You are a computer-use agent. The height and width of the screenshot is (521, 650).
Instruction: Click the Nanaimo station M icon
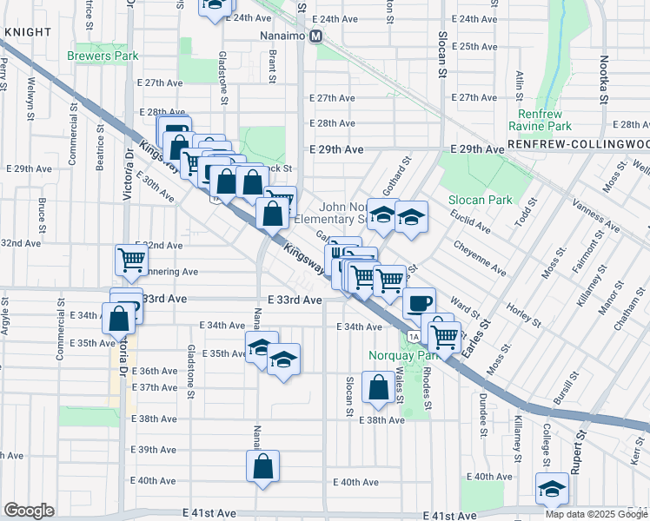coord(317,36)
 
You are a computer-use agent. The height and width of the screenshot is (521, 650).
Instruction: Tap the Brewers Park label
coord(103,56)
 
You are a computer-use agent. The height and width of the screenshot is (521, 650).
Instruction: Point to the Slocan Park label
coord(479,200)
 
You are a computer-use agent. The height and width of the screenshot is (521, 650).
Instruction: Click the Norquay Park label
coord(408,354)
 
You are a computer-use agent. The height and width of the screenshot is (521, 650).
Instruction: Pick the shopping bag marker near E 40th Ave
coord(262,467)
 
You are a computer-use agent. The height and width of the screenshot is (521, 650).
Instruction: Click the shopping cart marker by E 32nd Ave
coord(131,258)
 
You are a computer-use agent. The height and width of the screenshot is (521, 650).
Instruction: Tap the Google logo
coord(29,511)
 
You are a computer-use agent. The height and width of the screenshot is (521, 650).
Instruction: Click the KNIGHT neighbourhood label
coord(23,31)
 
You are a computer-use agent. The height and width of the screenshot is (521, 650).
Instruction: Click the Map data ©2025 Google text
coord(595,513)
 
